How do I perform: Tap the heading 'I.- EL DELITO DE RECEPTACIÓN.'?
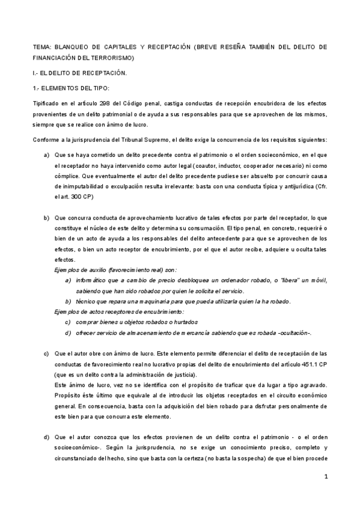tap(79, 73)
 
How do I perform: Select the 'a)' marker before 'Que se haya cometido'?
tap(47, 155)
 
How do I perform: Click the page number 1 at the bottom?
tap(325, 478)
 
